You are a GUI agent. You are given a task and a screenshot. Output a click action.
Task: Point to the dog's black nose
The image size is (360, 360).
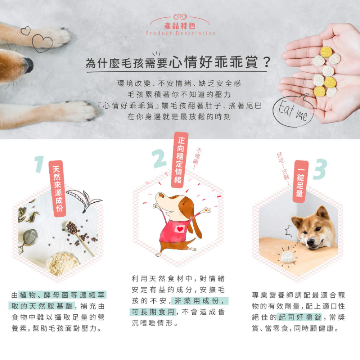(29, 65)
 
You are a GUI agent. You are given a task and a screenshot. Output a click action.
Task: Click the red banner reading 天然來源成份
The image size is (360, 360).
(58, 189)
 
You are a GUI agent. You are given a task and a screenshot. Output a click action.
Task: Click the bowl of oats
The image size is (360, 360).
(63, 263)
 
